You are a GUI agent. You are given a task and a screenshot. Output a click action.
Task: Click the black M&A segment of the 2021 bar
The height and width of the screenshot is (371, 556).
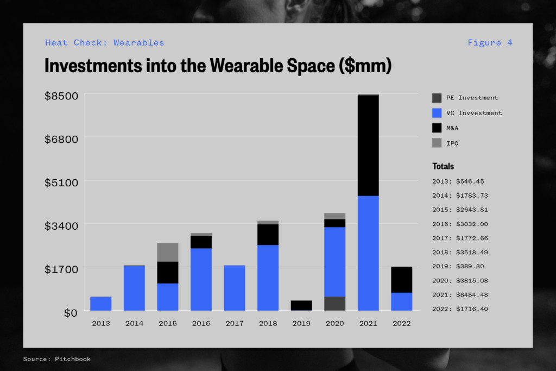click(x=368, y=146)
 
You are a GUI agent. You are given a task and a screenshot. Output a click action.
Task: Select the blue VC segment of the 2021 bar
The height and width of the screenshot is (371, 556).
click(x=368, y=253)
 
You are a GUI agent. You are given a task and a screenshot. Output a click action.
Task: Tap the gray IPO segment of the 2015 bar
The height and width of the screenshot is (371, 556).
click(x=168, y=252)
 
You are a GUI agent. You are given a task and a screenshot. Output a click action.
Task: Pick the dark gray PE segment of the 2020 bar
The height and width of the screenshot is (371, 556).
click(x=334, y=304)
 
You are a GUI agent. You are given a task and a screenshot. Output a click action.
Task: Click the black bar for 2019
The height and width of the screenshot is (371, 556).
click(x=301, y=305)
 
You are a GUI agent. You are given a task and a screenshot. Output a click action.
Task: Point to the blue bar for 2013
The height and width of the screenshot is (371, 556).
click(x=100, y=304)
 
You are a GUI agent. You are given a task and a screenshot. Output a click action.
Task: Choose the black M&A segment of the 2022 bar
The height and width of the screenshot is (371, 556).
click(x=401, y=280)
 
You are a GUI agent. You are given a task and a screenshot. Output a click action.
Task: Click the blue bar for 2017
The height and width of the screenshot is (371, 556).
click(x=235, y=288)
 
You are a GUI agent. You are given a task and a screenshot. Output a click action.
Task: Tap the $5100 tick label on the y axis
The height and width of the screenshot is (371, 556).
click(x=61, y=183)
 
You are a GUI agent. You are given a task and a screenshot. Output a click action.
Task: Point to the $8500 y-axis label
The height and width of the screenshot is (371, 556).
click(x=61, y=96)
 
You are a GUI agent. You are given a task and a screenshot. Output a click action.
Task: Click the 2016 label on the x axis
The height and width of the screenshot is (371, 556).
click(x=201, y=324)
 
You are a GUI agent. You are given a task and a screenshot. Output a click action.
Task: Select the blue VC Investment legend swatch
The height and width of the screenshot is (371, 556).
click(x=437, y=113)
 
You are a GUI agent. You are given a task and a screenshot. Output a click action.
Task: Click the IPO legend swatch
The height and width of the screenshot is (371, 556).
click(x=437, y=143)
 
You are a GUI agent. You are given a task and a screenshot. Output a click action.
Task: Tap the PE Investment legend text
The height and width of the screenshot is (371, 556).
click(x=472, y=98)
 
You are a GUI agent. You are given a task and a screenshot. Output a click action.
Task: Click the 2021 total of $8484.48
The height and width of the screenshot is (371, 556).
click(x=460, y=295)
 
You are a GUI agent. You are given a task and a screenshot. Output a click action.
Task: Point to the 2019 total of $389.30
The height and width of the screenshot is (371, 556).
click(x=458, y=266)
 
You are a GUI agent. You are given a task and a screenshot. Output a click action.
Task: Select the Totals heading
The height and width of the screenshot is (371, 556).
click(x=443, y=166)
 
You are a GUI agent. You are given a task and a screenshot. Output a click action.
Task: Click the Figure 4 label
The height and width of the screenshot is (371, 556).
click(x=490, y=43)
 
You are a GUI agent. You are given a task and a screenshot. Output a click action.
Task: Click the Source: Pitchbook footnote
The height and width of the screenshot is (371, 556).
click(x=56, y=359)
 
